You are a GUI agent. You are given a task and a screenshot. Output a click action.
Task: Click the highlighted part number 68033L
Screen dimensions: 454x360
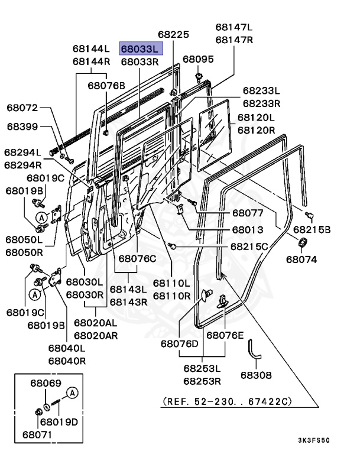point(140,49)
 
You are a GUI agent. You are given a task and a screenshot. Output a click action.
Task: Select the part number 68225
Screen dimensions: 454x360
point(174,35)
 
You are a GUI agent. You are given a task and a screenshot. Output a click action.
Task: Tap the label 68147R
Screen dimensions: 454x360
point(234,40)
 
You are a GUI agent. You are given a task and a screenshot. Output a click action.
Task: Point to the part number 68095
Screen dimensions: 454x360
point(198,59)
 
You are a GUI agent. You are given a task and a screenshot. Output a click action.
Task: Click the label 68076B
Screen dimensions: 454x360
point(106,86)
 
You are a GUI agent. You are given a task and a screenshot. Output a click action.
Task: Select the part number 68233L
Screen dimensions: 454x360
point(261,91)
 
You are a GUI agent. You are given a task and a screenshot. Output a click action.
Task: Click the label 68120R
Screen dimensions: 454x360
point(256,129)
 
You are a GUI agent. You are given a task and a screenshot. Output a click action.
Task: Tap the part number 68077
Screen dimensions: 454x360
point(247,213)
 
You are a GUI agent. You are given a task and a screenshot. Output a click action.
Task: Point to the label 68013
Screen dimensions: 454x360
point(247,229)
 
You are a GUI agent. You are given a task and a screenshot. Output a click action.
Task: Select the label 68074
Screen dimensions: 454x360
point(301,258)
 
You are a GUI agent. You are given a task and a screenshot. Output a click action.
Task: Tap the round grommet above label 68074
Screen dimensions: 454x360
point(301,242)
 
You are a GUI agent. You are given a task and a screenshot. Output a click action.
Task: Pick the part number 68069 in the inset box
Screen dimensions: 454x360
point(46,384)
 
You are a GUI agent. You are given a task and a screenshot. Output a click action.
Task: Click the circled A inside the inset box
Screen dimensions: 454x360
point(72,393)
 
